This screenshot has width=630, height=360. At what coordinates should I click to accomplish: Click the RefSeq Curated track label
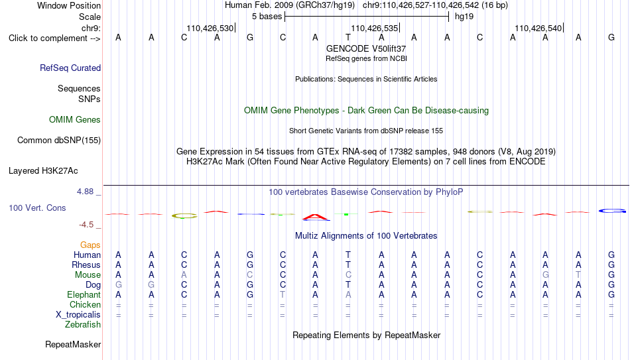(x=70, y=68)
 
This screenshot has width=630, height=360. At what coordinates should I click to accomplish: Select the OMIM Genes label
(x=75, y=120)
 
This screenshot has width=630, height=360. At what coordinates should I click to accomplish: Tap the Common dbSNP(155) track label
(x=59, y=141)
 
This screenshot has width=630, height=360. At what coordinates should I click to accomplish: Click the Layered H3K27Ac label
(x=43, y=171)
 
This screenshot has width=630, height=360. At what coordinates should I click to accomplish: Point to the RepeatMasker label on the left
(x=73, y=344)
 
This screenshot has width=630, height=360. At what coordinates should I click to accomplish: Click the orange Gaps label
(x=90, y=245)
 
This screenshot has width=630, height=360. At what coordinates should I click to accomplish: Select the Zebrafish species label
(x=83, y=324)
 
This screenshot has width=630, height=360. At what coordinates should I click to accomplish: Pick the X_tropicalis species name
(x=78, y=315)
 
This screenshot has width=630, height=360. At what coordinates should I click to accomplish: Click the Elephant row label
(x=84, y=294)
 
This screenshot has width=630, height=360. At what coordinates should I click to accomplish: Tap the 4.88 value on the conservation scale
(x=85, y=191)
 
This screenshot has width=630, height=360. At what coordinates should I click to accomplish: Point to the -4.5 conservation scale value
(x=86, y=225)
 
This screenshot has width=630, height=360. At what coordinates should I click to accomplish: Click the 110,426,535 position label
(x=375, y=28)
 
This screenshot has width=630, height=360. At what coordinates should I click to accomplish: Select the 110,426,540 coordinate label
(x=538, y=28)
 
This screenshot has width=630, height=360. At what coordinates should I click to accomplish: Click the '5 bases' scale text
(x=267, y=17)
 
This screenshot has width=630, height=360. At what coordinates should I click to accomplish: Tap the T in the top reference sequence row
(x=348, y=37)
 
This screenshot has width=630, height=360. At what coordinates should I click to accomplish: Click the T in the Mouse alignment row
(x=578, y=275)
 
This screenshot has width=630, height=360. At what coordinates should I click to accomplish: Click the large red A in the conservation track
(x=316, y=217)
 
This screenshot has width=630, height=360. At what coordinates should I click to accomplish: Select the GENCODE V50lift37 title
(x=366, y=48)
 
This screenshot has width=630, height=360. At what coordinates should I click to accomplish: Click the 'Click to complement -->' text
(x=54, y=38)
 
